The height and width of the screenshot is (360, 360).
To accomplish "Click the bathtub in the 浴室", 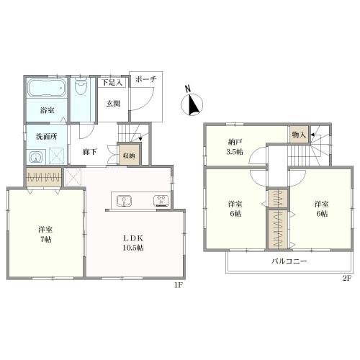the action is point(47,88).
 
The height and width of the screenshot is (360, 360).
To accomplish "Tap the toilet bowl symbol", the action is point(81,86).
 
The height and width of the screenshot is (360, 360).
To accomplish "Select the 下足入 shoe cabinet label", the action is point(112,83).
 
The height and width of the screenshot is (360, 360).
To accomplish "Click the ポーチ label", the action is point(146,79).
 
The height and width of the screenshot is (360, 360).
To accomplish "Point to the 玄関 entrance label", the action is point(113,104).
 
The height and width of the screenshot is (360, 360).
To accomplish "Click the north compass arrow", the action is point(193,105).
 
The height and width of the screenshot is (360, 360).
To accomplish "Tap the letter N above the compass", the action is point(188,89).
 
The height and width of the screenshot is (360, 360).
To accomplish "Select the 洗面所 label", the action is point(47,137).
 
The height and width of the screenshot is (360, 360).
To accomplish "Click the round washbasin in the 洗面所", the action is point(35,158).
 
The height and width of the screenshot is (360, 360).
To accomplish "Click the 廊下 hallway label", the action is point(89,152).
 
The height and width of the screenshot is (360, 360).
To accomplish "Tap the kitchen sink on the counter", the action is point(124,201).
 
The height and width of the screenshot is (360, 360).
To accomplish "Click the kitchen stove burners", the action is point(161,201).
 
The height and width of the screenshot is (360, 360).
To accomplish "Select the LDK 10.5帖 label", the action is point(133,243).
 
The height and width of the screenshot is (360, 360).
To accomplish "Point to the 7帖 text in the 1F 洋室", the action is point(45,240).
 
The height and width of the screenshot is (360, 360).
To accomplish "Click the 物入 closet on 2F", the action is point(299,135).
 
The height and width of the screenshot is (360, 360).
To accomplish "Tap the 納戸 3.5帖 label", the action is point(235,147).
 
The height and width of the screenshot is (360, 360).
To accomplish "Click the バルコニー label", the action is point(289,261).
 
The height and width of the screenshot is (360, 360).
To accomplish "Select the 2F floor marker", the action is point(347,279).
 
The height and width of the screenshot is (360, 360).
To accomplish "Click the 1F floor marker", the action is point(179,285).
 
